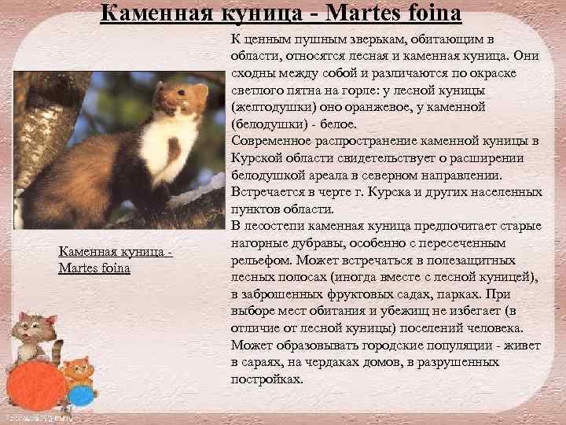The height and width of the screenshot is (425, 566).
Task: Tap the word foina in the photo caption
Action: pos(115,268)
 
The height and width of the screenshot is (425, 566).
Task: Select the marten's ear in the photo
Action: pos(200,91)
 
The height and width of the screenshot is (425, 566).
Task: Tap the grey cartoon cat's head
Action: pos(35,324)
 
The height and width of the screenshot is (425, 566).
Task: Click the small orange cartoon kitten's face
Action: pos(76,368)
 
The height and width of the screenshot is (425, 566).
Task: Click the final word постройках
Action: pos(266,379)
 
